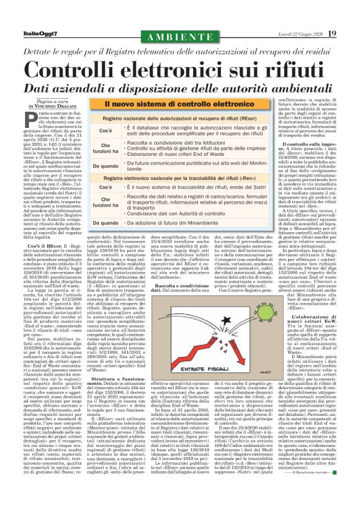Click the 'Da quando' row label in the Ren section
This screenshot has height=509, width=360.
[107, 222]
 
